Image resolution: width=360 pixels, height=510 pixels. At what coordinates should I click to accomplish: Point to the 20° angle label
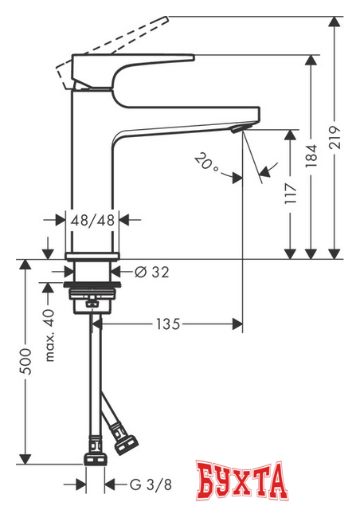206,165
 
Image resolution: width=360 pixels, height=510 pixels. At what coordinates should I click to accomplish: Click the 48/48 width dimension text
95,219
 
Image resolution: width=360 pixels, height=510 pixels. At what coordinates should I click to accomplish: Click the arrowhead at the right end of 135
237,324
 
